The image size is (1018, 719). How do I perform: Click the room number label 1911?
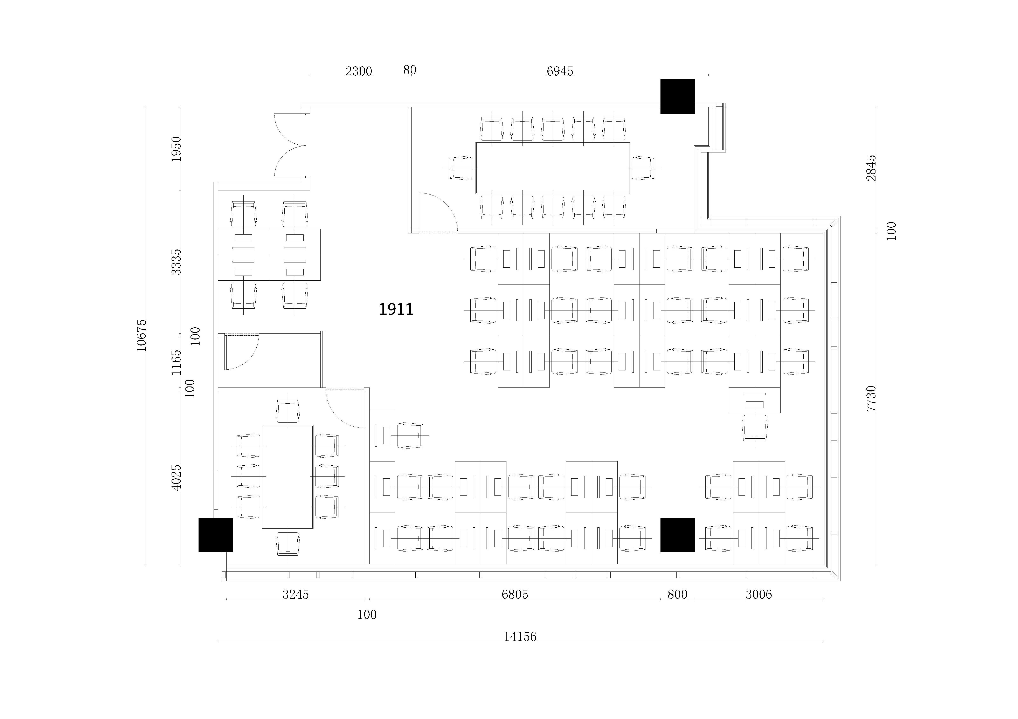coord(396,309)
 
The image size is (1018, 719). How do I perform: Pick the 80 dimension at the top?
coord(410,70)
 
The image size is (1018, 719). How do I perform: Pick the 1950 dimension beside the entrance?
coord(176,149)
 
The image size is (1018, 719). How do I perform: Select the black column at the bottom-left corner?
coord(215,535)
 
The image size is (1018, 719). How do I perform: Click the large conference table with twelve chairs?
coord(552,168)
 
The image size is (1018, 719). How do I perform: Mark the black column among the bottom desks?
coord(678,535)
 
